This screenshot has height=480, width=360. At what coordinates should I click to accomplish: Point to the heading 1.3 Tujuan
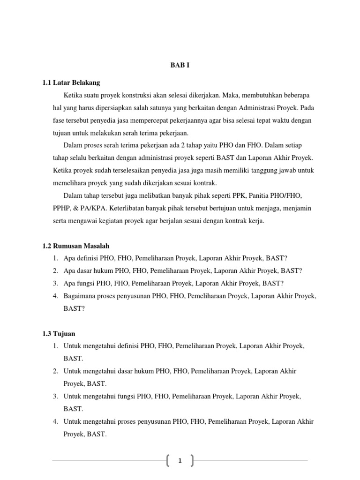[x=59, y=333]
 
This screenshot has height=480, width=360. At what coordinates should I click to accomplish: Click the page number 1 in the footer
[x=180, y=461]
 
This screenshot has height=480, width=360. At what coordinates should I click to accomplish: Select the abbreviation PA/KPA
[x=94, y=208]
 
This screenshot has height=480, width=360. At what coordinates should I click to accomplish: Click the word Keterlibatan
[x=133, y=208]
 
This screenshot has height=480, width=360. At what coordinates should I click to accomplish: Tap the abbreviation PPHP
[x=62, y=208]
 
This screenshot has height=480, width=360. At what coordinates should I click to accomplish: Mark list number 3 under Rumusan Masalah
[x=55, y=283]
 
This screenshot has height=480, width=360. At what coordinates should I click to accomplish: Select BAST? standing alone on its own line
[x=74, y=308]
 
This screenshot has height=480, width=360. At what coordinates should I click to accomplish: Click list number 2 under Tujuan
[x=55, y=371]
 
